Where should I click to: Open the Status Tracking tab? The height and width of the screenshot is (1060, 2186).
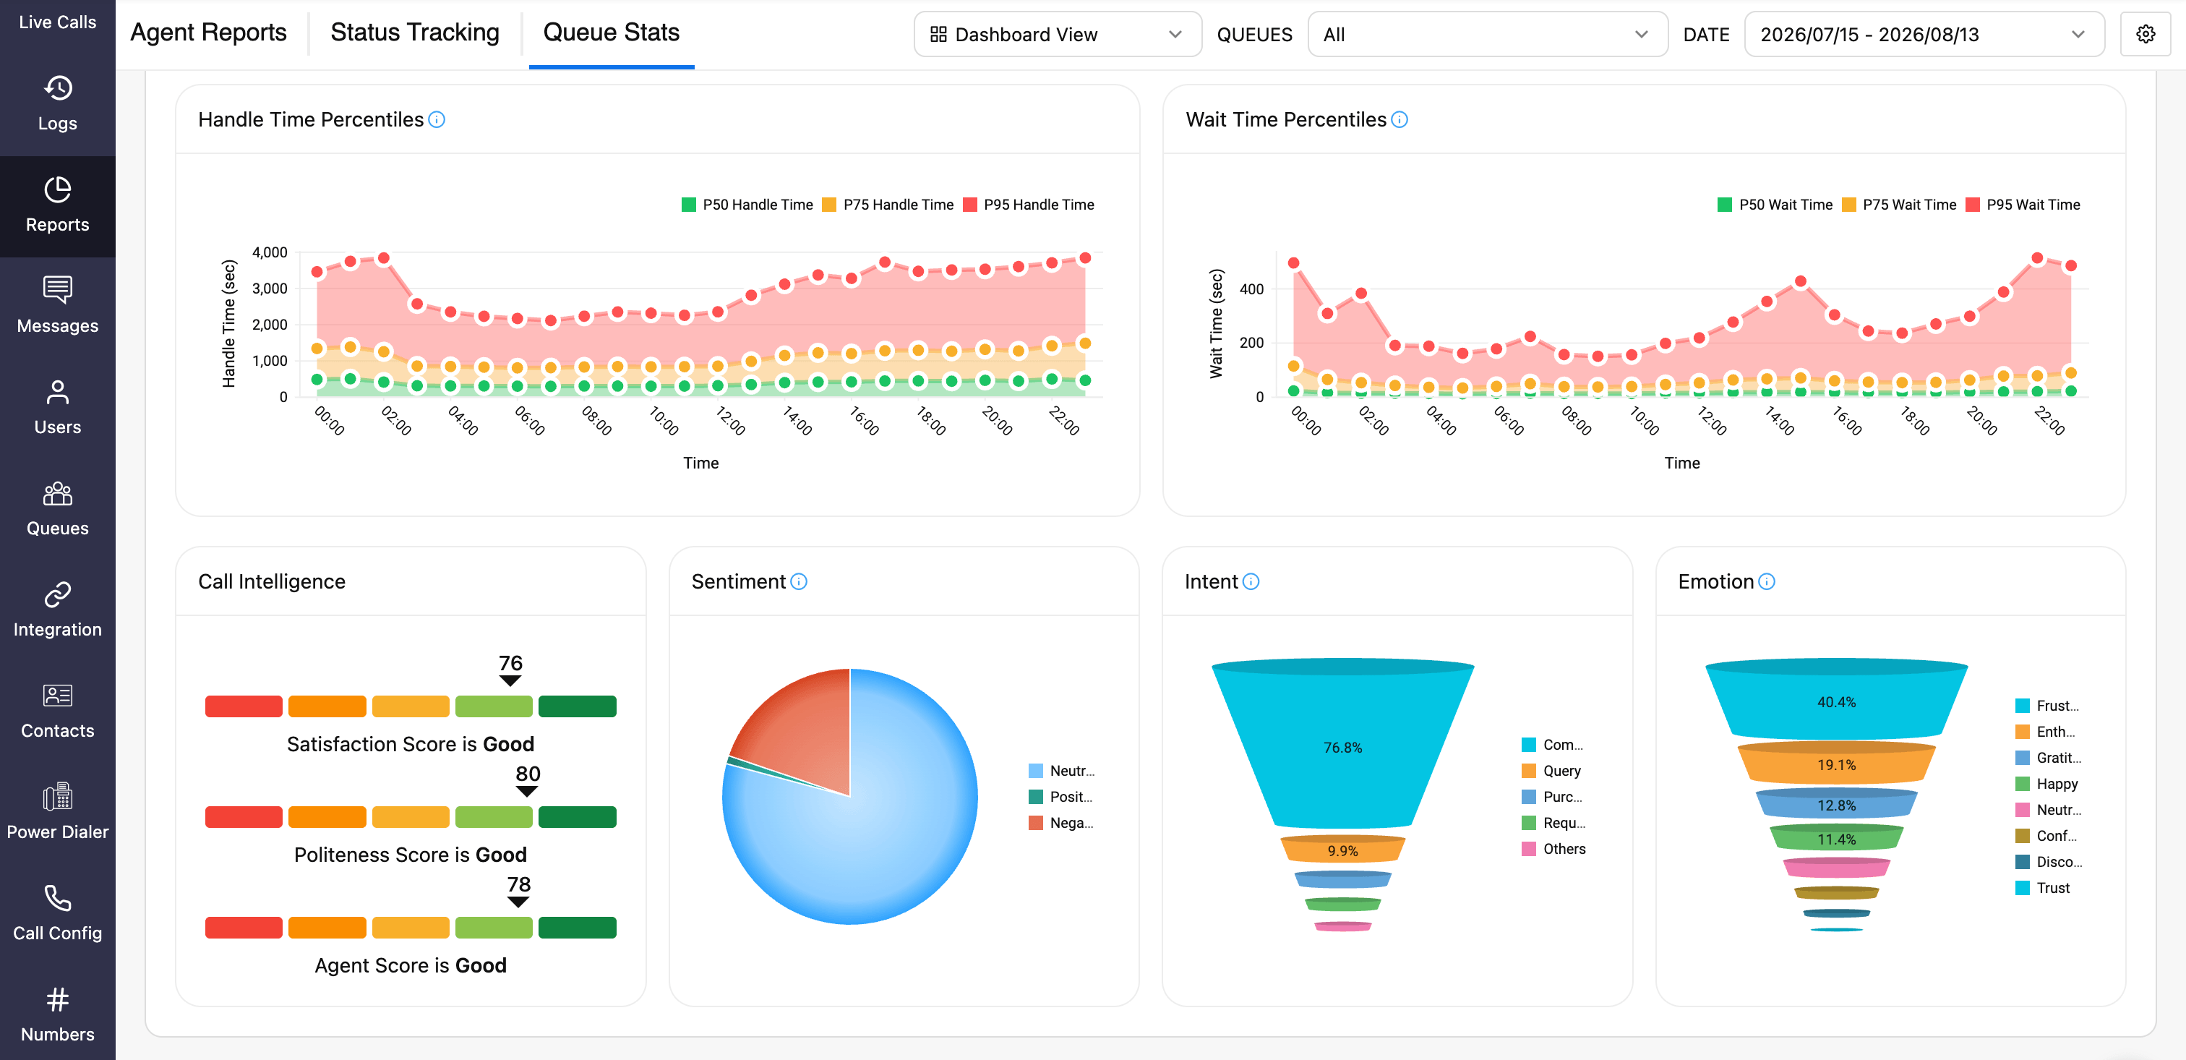(x=414, y=33)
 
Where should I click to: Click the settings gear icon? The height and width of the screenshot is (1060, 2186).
(x=2146, y=34)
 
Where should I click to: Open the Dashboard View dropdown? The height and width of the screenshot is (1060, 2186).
(x=1058, y=34)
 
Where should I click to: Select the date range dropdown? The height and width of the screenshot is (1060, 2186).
(x=1924, y=34)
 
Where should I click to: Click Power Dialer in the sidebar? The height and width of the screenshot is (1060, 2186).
(x=58, y=811)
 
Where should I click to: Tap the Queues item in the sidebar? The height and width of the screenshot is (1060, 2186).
(x=58, y=508)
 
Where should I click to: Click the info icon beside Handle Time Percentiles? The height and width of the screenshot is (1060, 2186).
(x=437, y=119)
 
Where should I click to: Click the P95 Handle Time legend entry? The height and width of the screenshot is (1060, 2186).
(x=1029, y=205)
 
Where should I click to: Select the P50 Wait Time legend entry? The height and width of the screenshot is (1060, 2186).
(x=1775, y=205)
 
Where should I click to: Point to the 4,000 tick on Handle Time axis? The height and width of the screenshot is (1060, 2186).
(x=270, y=252)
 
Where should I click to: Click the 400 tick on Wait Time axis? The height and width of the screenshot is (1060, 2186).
(x=1252, y=288)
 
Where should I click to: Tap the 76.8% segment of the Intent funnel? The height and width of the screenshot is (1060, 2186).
(x=1342, y=747)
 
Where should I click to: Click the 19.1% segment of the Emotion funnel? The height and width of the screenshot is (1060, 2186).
(x=1836, y=764)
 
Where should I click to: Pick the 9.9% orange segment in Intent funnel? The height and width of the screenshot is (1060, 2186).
(x=1342, y=850)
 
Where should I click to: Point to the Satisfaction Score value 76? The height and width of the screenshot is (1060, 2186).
(x=510, y=663)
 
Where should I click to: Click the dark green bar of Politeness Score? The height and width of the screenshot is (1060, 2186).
(x=577, y=816)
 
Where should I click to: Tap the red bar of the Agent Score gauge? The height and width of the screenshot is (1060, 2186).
(x=244, y=928)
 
